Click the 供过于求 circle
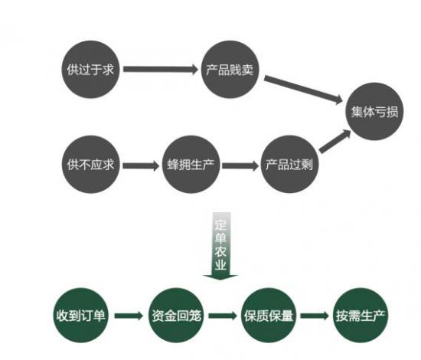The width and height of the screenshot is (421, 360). (x=90, y=69)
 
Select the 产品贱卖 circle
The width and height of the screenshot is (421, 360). (x=230, y=69)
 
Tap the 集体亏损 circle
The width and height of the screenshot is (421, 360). (x=374, y=111)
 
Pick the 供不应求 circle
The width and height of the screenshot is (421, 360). (x=91, y=164)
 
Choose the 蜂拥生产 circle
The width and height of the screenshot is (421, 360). (x=191, y=164)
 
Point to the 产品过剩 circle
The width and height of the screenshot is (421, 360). (x=289, y=164)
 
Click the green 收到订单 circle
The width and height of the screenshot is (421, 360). (x=81, y=315)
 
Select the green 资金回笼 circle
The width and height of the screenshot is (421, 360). (x=176, y=315)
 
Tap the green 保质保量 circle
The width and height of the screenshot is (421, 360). (x=269, y=315)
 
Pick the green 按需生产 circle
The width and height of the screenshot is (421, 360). (x=361, y=315)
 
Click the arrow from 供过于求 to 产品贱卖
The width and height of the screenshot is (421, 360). (x=161, y=69)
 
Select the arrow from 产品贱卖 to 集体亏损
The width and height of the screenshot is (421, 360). (x=303, y=90)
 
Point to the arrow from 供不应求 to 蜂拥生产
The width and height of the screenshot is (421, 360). (x=141, y=165)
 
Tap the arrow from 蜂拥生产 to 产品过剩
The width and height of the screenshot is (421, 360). (x=240, y=165)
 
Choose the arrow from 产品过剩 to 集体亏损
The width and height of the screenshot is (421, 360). (x=335, y=141)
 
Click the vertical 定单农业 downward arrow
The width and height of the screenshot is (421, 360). (x=220, y=246)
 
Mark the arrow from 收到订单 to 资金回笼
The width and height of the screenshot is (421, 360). (x=129, y=316)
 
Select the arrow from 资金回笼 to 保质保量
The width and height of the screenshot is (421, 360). (x=223, y=316)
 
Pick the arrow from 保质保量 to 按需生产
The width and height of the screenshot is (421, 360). (x=315, y=316)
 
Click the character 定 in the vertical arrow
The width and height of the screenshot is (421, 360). (x=220, y=224)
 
